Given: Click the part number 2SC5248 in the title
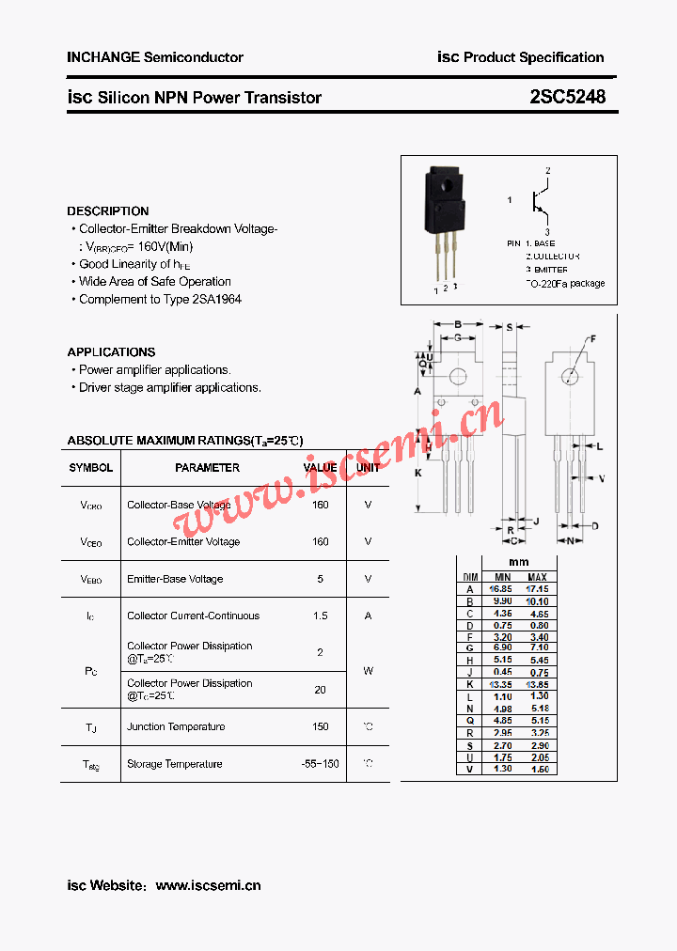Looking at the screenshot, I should pos(567,97).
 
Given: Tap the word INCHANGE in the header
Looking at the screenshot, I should pos(103,57).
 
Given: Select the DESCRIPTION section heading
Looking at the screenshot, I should pos(108,211).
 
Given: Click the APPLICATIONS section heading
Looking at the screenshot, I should pos(111,352).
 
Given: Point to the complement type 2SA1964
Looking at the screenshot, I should pos(217,300).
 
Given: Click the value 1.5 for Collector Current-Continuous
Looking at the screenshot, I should pos(321,616).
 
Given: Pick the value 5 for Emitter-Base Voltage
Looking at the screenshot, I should pos(321,579).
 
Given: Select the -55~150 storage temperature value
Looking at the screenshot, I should pos(321,764).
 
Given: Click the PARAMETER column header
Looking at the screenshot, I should pos(207,468).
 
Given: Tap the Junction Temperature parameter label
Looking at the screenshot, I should pos(176,726).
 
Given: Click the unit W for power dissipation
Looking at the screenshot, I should pos(368,670).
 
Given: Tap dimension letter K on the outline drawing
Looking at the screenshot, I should pos(418,473).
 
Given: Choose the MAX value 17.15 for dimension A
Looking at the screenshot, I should pos(537,589).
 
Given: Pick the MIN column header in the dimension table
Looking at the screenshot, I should pos(502,577).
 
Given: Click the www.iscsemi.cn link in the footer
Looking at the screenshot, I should pos(208,885).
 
